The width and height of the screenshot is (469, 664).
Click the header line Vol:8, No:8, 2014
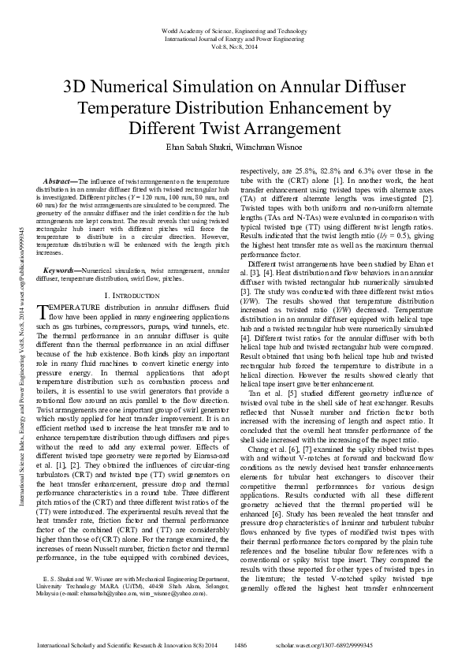click(x=234, y=46)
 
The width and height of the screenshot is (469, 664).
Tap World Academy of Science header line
click(x=234, y=28)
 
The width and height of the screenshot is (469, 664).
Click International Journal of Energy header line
click(x=234, y=37)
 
